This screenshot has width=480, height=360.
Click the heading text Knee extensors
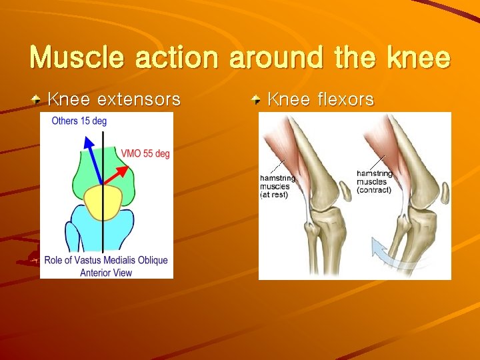pos(114,100)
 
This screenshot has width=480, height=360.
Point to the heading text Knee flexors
pos(321,100)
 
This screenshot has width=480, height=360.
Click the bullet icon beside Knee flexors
pos(257,100)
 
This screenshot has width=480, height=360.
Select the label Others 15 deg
pos(79,121)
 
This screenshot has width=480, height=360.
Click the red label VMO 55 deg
pos(145,153)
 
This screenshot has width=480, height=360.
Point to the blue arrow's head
pos(86,142)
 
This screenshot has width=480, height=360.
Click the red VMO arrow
pos(115,175)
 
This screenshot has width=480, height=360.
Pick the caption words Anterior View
pos(106,272)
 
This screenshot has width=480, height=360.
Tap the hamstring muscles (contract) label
pos(375,182)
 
